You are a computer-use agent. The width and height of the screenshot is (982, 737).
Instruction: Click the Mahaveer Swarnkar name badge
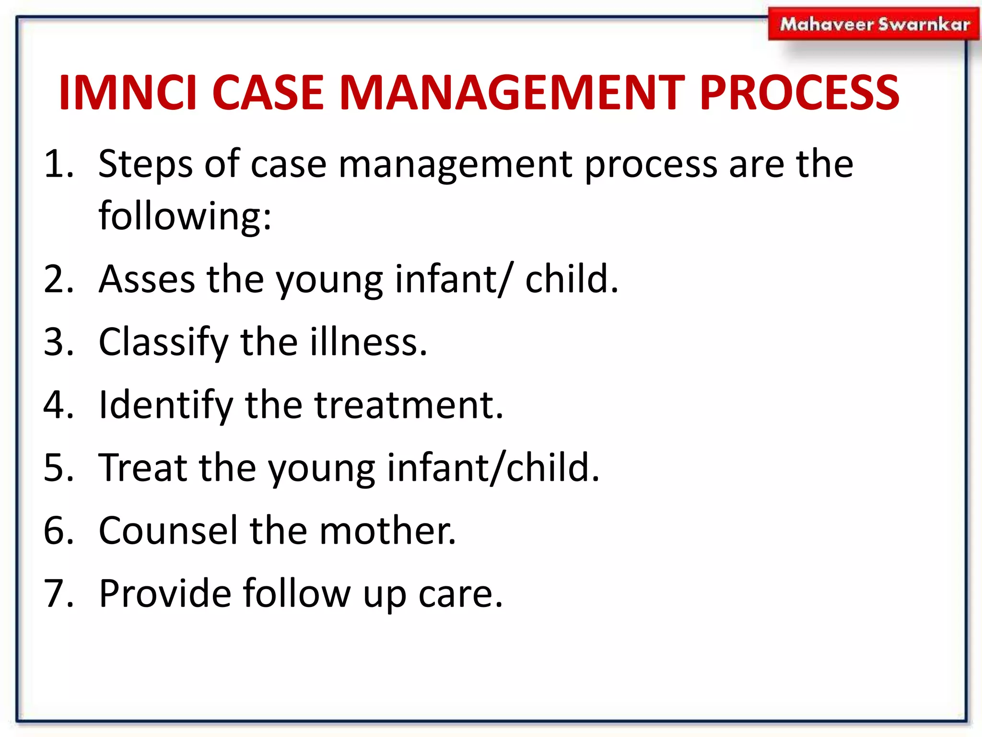pos(874,24)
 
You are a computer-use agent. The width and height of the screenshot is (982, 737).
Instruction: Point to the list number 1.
pos(58,165)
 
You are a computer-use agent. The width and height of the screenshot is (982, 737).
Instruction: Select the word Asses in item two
pos(147,280)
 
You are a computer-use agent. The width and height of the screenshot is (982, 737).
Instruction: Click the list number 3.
pos(58,343)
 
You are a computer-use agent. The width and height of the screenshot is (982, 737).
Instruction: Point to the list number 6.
pos(58,531)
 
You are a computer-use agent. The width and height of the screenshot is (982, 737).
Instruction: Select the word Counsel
pos(168,531)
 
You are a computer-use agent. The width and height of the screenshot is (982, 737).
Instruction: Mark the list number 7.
pos(58,594)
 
